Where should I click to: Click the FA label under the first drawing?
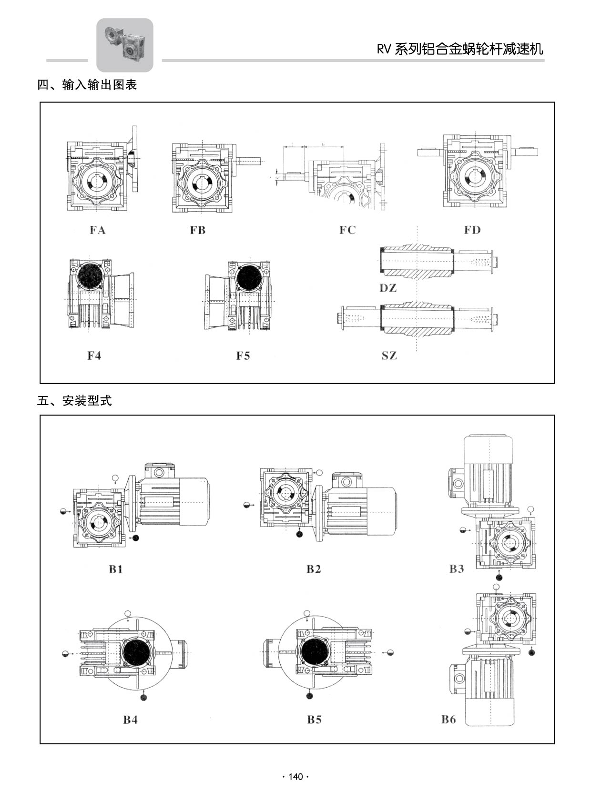pos(97,230)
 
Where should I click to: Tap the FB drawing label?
pos(197,230)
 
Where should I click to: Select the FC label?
pos(347,230)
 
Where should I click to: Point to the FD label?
pos(472,230)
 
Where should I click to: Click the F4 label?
pos(94,355)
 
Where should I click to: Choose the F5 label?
pos(243,355)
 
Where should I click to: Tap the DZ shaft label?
pos(388,288)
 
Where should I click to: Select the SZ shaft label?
pos(389,355)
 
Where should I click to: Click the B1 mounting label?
pos(116,569)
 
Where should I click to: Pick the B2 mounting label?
pos(314,569)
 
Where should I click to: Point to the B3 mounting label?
pos(457,569)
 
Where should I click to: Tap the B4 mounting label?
pos(130,720)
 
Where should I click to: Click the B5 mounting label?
pos(314,720)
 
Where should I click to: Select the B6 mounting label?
pos(448,720)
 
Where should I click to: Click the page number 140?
pos(295,777)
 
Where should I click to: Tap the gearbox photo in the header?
pos(125,45)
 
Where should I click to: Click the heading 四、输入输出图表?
pos(87,85)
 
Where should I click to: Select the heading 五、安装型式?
pos(74,401)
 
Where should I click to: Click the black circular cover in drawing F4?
pos(91,276)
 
